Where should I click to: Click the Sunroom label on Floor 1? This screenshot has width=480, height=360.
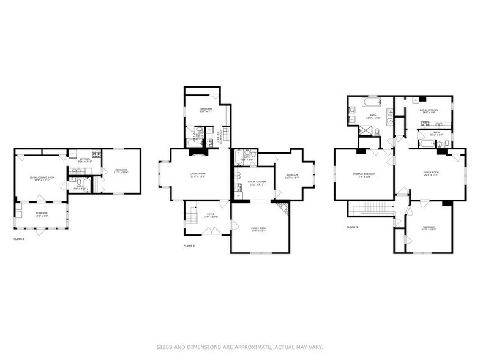pos(42,215)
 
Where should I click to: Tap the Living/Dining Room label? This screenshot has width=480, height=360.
pos(42,178)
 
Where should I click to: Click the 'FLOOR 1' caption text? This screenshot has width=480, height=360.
pos(19,239)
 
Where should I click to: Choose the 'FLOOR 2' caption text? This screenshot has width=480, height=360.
pos(189,246)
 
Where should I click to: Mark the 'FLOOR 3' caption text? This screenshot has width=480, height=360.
pos(352,227)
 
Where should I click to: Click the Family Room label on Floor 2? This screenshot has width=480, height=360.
pos(259,230)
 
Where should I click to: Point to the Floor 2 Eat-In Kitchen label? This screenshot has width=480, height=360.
pos(257,182)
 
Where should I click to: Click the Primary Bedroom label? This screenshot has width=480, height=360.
pos(364,174)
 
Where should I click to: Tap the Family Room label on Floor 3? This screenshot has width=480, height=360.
pos(431,174)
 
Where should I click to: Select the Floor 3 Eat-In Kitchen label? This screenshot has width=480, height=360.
pos(427,111)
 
